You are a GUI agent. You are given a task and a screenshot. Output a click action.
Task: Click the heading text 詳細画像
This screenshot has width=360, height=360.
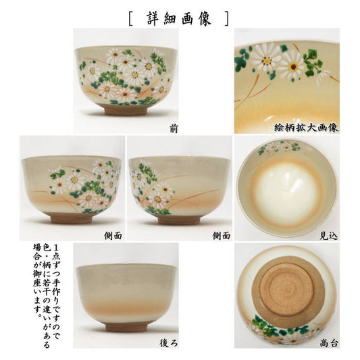click(x=179, y=19)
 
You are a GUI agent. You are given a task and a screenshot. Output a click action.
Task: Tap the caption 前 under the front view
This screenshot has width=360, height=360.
click(x=174, y=129)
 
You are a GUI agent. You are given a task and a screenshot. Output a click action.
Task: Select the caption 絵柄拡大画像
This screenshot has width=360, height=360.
click(x=307, y=128)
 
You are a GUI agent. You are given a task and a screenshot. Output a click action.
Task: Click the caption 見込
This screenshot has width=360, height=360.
click(x=329, y=236)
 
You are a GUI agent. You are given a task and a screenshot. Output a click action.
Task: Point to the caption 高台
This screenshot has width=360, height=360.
click(x=329, y=344)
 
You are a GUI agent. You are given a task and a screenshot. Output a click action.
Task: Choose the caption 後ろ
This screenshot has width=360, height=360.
click(x=169, y=344)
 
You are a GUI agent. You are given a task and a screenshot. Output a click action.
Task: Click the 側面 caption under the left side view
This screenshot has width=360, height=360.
click(x=113, y=236)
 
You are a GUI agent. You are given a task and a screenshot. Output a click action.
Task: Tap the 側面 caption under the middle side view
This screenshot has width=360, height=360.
click(x=221, y=236)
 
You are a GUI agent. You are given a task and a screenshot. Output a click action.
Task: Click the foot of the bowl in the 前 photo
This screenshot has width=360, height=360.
click(x=125, y=109)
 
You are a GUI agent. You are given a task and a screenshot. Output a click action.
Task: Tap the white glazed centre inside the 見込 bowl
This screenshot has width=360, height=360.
click(x=287, y=194)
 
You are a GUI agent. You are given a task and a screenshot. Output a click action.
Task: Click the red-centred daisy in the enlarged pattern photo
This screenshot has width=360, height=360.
click(x=292, y=67)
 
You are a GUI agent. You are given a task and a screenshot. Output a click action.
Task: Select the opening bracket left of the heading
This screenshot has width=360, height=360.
click(x=130, y=19)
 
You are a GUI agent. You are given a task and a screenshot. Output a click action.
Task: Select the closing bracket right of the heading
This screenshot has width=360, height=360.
click(x=227, y=19)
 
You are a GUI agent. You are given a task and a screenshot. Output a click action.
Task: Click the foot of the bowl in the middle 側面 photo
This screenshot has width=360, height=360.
click(x=179, y=220)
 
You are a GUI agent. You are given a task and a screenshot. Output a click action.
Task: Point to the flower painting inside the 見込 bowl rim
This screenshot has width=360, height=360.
click(x=279, y=147)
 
